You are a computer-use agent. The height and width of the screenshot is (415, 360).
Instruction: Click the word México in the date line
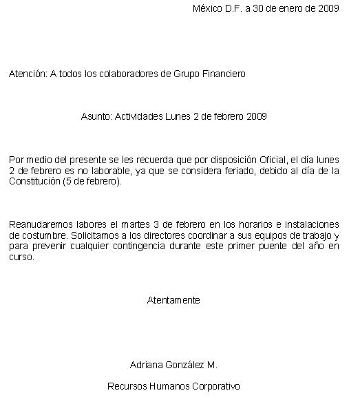tap(207, 9)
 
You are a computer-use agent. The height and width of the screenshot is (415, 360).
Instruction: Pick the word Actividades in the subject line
tap(139, 116)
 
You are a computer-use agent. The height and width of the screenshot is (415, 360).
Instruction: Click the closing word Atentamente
tap(173, 300)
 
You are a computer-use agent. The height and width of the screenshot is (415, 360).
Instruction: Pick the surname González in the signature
tap(183, 365)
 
